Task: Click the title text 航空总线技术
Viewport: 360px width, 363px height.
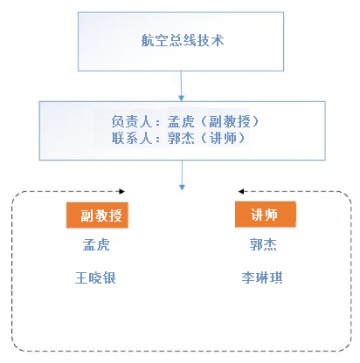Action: click(183, 40)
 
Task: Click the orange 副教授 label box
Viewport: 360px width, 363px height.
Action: click(97, 215)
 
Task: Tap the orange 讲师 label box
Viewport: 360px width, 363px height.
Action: click(266, 215)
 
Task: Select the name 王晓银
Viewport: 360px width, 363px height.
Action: click(95, 277)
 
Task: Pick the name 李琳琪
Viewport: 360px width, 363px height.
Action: click(262, 277)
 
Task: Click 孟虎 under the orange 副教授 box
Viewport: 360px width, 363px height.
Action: click(96, 244)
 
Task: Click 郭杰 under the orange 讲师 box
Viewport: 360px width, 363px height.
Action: click(263, 244)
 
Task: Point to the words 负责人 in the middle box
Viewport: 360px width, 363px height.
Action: click(132, 121)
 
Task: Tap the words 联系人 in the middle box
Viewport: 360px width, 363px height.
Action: click(132, 138)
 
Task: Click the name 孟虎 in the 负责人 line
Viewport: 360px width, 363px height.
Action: click(181, 121)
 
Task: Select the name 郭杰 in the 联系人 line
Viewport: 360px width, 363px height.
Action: click(181, 138)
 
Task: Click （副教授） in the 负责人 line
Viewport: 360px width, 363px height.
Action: click(230, 121)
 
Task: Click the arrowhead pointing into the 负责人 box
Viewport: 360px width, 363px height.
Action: click(182, 98)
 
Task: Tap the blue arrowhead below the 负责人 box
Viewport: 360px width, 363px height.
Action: click(182, 187)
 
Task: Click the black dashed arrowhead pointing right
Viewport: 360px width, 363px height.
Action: click(122, 191)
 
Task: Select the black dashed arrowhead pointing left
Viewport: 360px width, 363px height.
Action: click(241, 191)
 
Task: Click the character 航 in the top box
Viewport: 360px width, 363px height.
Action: click(148, 40)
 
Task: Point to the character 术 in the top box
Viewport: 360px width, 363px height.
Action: click(218, 40)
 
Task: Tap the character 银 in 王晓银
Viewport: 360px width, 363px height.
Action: click(109, 277)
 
